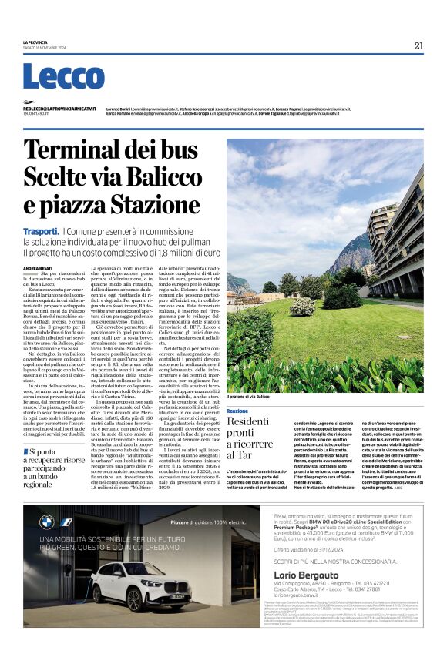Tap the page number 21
click(x=418, y=45)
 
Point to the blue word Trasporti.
click(x=41, y=230)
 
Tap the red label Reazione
click(x=237, y=411)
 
